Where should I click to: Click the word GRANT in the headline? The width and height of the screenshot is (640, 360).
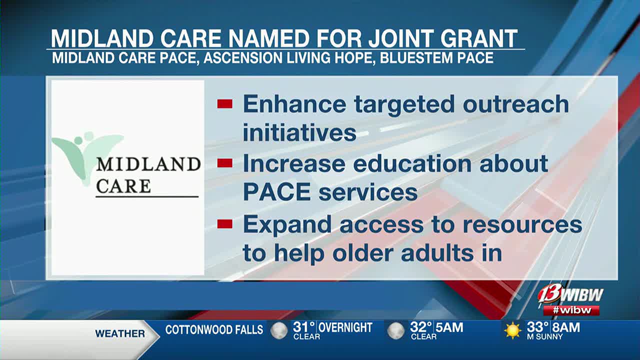coord(479,38)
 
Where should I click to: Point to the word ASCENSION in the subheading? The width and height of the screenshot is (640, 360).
coord(243,57)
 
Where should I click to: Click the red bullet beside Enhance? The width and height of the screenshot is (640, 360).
coord(224,104)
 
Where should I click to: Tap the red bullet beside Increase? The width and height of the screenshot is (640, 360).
coord(224,163)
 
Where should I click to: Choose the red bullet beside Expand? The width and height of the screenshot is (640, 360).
coord(224,224)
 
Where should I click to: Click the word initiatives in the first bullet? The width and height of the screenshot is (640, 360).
coord(299,132)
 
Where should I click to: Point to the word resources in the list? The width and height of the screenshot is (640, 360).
coord(522,224)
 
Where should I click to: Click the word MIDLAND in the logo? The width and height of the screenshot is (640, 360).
coord(148,164)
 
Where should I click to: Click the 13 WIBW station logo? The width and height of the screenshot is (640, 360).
coord(570,295)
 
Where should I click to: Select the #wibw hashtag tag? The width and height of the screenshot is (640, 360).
coord(571,310)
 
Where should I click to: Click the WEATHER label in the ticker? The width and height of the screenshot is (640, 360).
coord(120,333)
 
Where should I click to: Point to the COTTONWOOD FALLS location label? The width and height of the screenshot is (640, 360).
coord(214,330)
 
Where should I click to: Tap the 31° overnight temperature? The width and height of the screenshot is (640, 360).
coord(303,327)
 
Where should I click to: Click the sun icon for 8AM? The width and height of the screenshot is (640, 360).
coord(512,330)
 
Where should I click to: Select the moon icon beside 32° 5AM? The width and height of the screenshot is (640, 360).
coord(395,331)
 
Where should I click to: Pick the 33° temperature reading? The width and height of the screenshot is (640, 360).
coord(537,327)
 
